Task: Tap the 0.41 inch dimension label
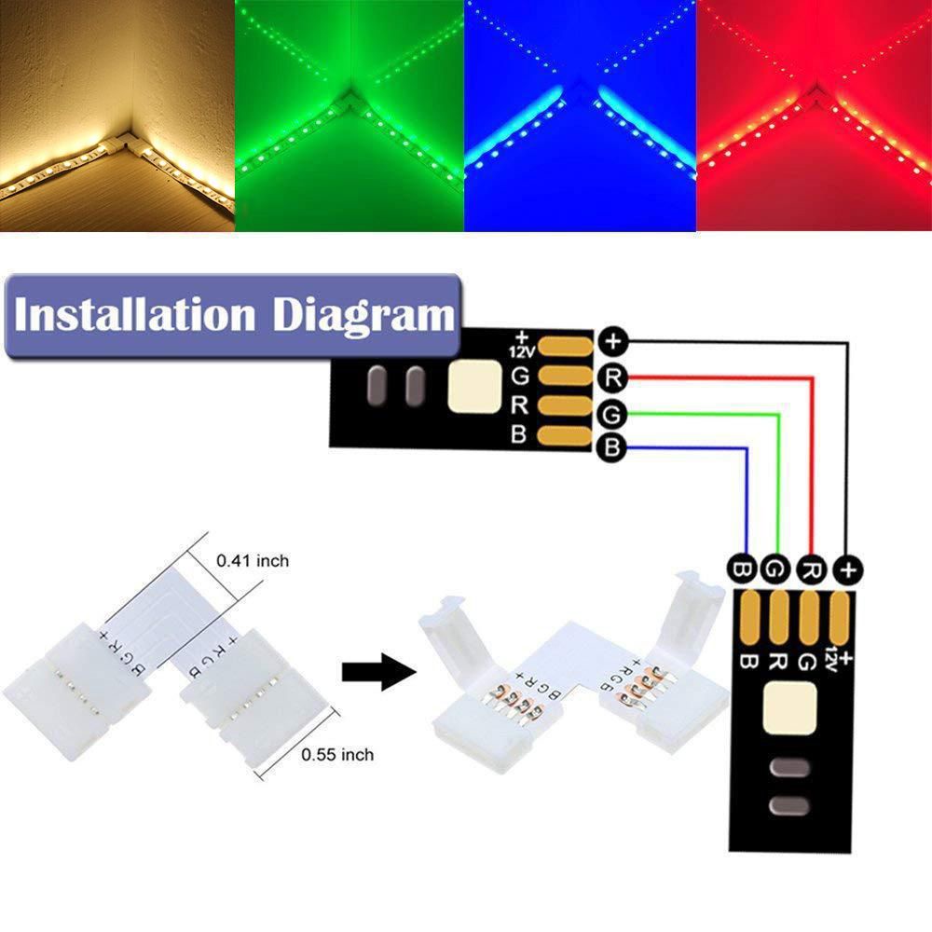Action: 252,561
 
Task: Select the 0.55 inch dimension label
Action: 337,755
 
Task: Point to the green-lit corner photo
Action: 349,115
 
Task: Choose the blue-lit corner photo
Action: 581,115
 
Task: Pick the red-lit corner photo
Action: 814,115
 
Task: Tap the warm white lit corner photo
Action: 116,115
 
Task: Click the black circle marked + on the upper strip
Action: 612,341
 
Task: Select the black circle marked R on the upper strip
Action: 612,377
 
